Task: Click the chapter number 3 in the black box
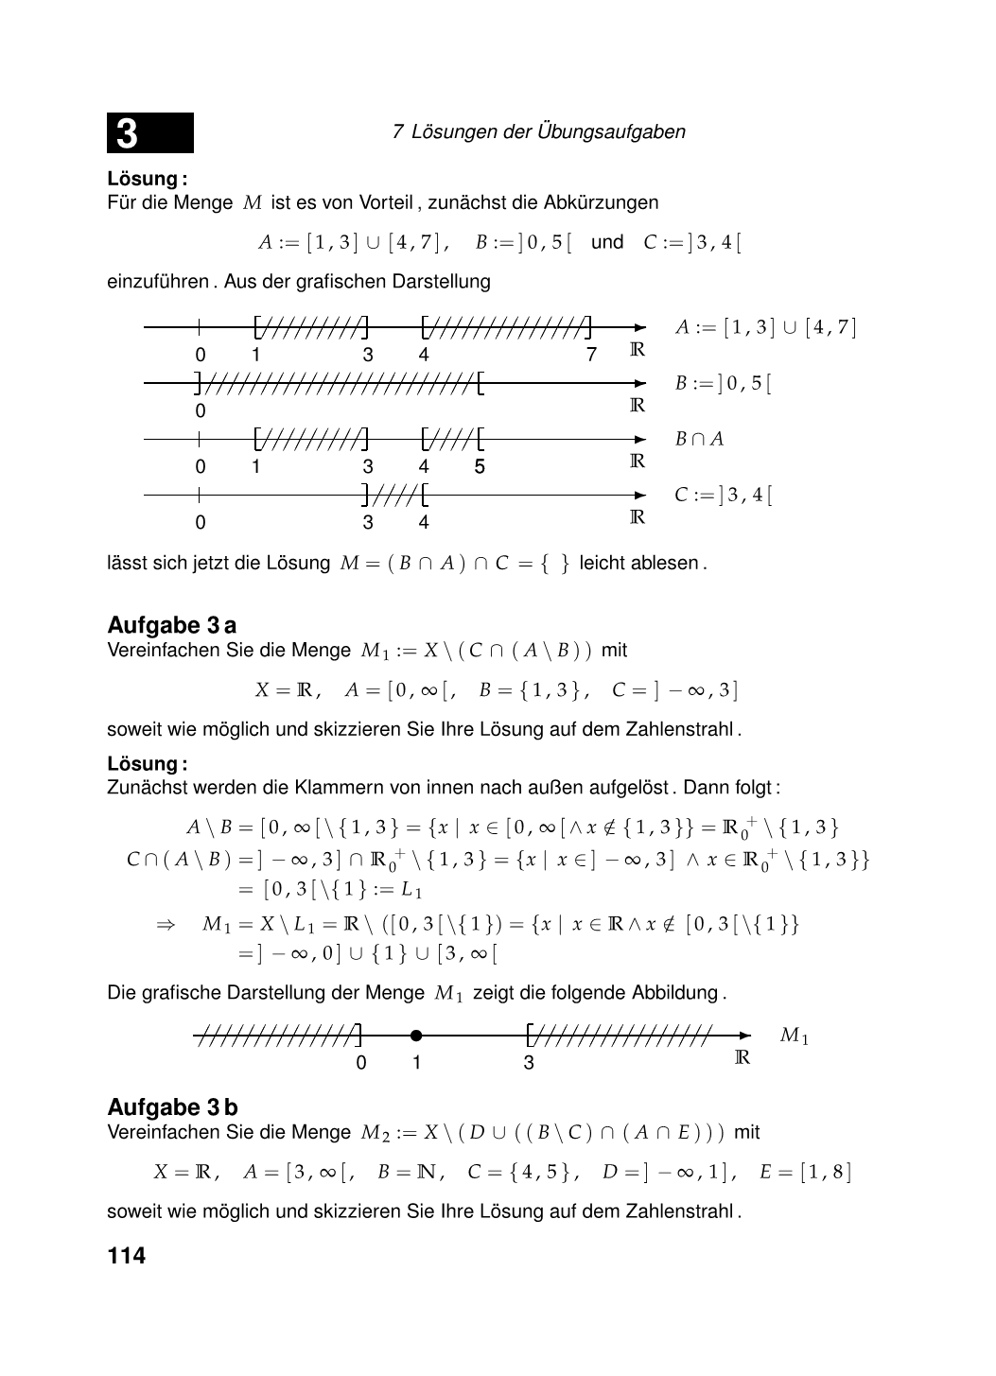coord(128,133)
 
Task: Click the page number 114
coord(127,1256)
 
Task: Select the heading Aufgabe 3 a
coord(172,625)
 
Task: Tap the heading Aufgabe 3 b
coord(173,1107)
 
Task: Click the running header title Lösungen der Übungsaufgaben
coord(548,132)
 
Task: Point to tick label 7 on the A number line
coord(591,355)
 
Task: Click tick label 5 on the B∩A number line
coord(480,466)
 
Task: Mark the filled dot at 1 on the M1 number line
coord(416,1036)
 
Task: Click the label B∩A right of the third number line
coord(699,439)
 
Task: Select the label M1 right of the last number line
coord(795,1036)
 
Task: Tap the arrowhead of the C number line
coord(640,495)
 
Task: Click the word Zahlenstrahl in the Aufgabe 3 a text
coord(679,729)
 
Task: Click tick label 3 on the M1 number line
coord(529,1063)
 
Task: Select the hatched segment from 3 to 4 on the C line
coord(395,495)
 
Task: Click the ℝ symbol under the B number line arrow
coord(638,406)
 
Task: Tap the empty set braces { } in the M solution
coord(553,564)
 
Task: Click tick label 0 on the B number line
coord(201,410)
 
